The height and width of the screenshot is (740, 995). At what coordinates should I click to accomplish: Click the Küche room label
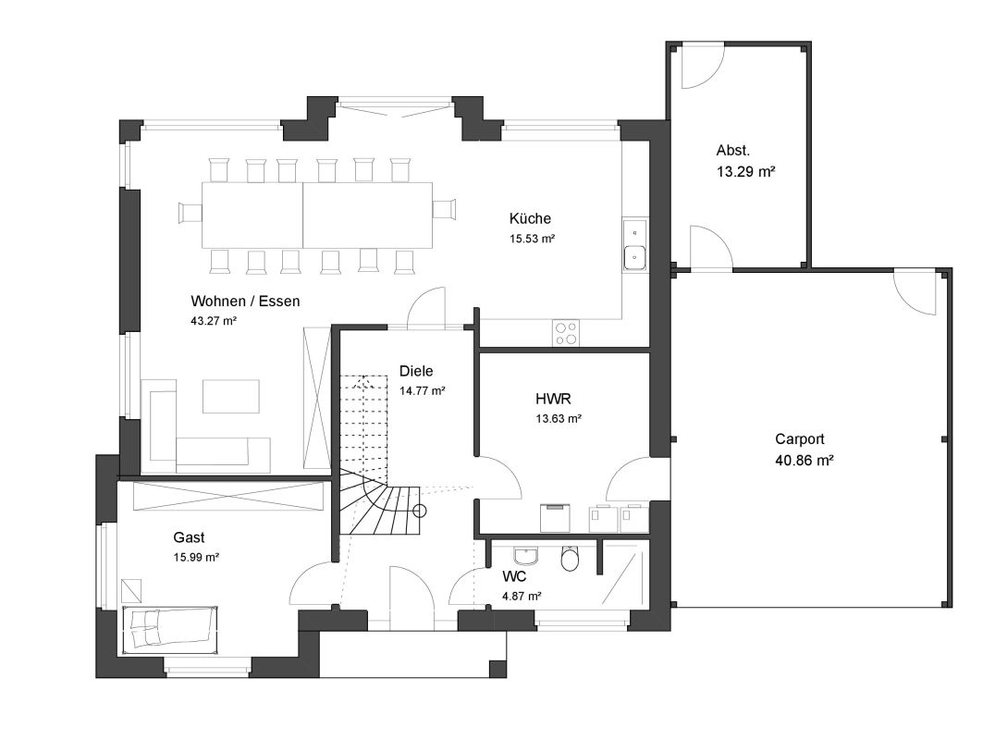[530, 218]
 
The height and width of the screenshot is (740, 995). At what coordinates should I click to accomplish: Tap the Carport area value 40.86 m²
[804, 460]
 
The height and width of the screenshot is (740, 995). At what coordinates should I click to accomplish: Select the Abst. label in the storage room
[733, 151]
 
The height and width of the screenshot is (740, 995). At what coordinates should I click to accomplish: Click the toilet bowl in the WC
[570, 559]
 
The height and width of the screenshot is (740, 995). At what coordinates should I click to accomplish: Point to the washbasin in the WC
[526, 556]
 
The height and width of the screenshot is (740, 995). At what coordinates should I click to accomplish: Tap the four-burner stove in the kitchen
[566, 333]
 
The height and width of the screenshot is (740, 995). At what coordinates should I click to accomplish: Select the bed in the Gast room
[169, 628]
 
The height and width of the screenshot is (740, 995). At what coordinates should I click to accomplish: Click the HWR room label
[553, 399]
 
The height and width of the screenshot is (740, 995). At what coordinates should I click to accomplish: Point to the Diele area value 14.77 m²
[422, 391]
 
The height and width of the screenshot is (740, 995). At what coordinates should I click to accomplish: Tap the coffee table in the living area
[231, 396]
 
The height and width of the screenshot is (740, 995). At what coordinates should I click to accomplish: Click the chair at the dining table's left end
[190, 213]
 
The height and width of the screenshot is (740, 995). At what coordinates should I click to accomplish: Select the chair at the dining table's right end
[444, 209]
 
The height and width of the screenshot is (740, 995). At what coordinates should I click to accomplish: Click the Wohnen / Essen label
[245, 301]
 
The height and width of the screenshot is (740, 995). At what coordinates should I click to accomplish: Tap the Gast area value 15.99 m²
[196, 557]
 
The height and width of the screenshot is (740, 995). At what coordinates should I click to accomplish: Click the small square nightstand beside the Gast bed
[132, 590]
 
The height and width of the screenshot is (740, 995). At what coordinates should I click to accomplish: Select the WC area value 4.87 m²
[522, 596]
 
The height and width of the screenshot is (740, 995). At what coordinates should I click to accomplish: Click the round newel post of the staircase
[420, 511]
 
